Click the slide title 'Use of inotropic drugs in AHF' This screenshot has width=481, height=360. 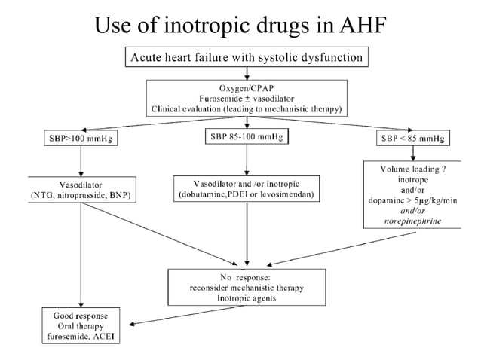pos(240,24)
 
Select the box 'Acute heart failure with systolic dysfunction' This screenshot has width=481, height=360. pos(248,56)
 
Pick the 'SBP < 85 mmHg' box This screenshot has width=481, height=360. pos(412,139)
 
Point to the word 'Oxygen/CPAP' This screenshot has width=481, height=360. pos(247,87)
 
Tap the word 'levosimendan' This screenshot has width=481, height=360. pos(289,195)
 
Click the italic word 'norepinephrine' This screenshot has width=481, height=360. pos(412,221)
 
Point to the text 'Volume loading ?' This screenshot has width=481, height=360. pos(412,169)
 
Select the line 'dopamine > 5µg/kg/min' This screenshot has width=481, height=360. pos(412,201)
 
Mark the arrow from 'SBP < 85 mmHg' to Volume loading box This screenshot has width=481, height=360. pos(412,154)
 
